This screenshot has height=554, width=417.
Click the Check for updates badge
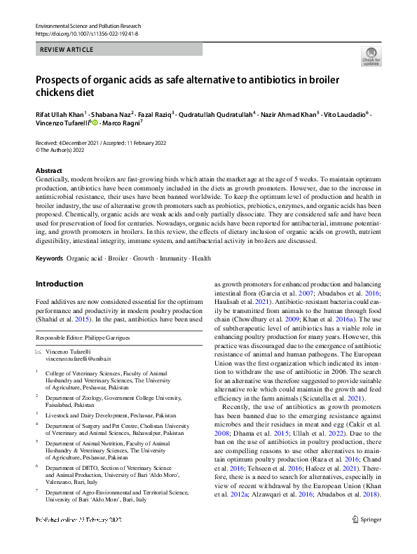point(371,56)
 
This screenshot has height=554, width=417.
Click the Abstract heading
point(50,171)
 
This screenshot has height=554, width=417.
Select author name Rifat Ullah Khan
point(60,113)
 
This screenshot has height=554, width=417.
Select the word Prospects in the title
point(61,79)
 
